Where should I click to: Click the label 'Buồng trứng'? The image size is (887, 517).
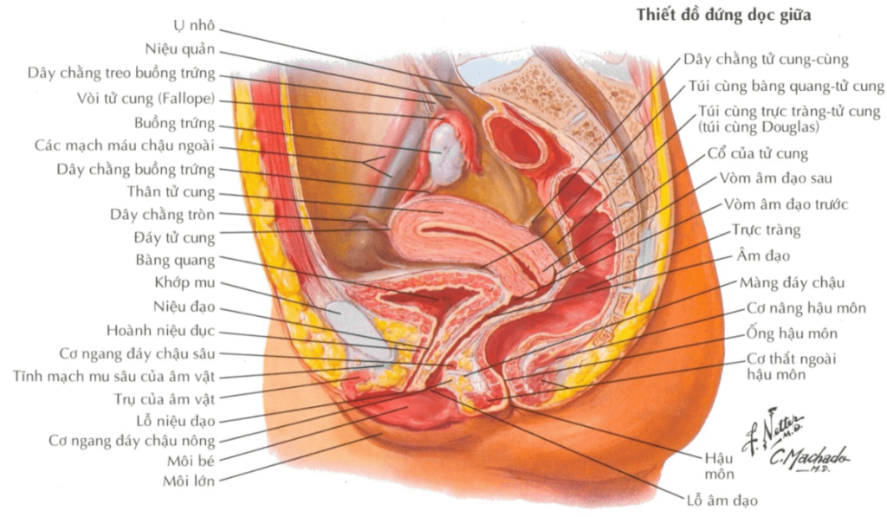tap(174, 122)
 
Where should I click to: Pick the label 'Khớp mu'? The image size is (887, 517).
tap(185, 283)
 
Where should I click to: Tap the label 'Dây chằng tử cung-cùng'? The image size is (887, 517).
tap(766, 60)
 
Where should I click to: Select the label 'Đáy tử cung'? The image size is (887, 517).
tap(175, 236)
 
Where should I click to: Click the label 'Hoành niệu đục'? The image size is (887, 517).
tap(160, 330)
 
